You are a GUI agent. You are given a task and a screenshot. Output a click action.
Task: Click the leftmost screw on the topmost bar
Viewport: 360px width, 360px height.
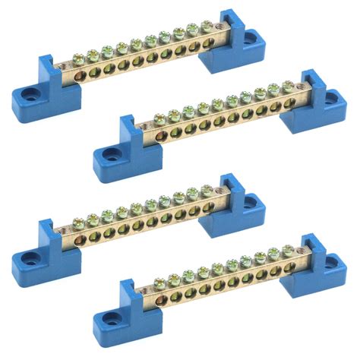79,58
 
